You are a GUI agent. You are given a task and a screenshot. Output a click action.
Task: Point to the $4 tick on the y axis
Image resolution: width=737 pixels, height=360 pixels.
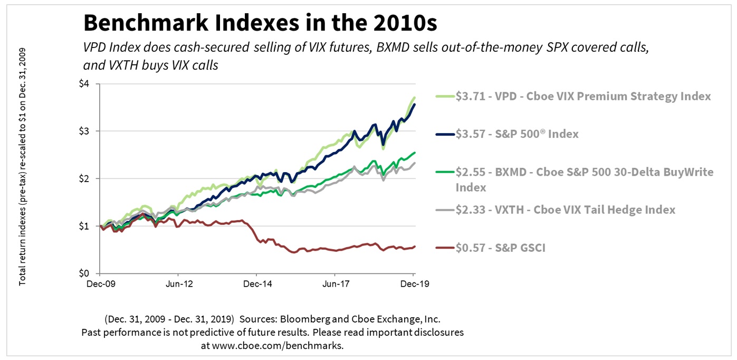85,83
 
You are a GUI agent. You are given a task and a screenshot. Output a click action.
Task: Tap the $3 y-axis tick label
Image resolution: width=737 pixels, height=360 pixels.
85,131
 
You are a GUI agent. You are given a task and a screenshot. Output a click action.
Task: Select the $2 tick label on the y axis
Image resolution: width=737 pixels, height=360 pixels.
85,178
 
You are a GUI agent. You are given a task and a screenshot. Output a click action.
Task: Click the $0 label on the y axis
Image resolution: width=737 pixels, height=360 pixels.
85,273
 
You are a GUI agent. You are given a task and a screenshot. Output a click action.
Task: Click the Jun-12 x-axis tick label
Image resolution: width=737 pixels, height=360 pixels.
178,284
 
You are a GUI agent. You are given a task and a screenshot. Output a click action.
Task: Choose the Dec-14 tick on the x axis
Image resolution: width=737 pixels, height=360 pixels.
256,284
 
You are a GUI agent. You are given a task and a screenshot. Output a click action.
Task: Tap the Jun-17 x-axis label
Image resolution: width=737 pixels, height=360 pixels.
334,284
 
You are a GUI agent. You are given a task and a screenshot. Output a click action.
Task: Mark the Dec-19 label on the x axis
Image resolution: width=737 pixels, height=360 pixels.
413,284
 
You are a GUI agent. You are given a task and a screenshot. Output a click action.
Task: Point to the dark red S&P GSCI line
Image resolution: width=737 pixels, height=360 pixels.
317,249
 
